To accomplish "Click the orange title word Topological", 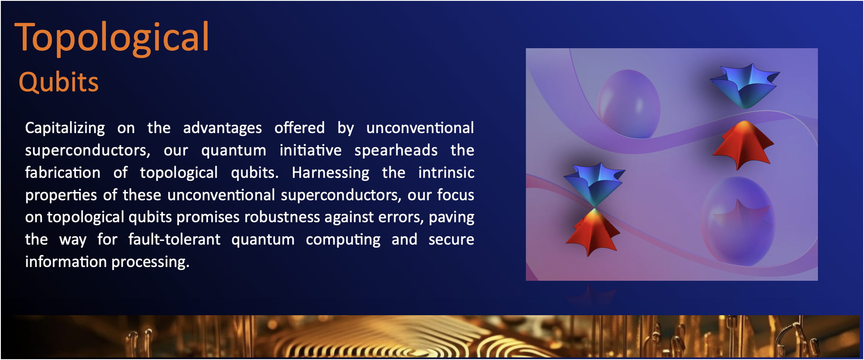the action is tap(112, 38).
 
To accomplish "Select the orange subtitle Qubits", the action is tap(59, 82).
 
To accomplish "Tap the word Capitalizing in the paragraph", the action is tap(65, 128).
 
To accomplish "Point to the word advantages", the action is tap(222, 128).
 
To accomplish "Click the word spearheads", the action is tap(396, 151).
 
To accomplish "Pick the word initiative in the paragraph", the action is tap(311, 150).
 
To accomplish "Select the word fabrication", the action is tap(63, 173).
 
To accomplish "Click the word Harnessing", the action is tap(330, 173).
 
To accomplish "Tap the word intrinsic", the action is tap(446, 173).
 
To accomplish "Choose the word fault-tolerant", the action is tap(174, 239).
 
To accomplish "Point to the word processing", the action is tap(150, 262).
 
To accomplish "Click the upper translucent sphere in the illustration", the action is tap(628, 104).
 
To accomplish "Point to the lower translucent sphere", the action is tap(738, 222).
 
